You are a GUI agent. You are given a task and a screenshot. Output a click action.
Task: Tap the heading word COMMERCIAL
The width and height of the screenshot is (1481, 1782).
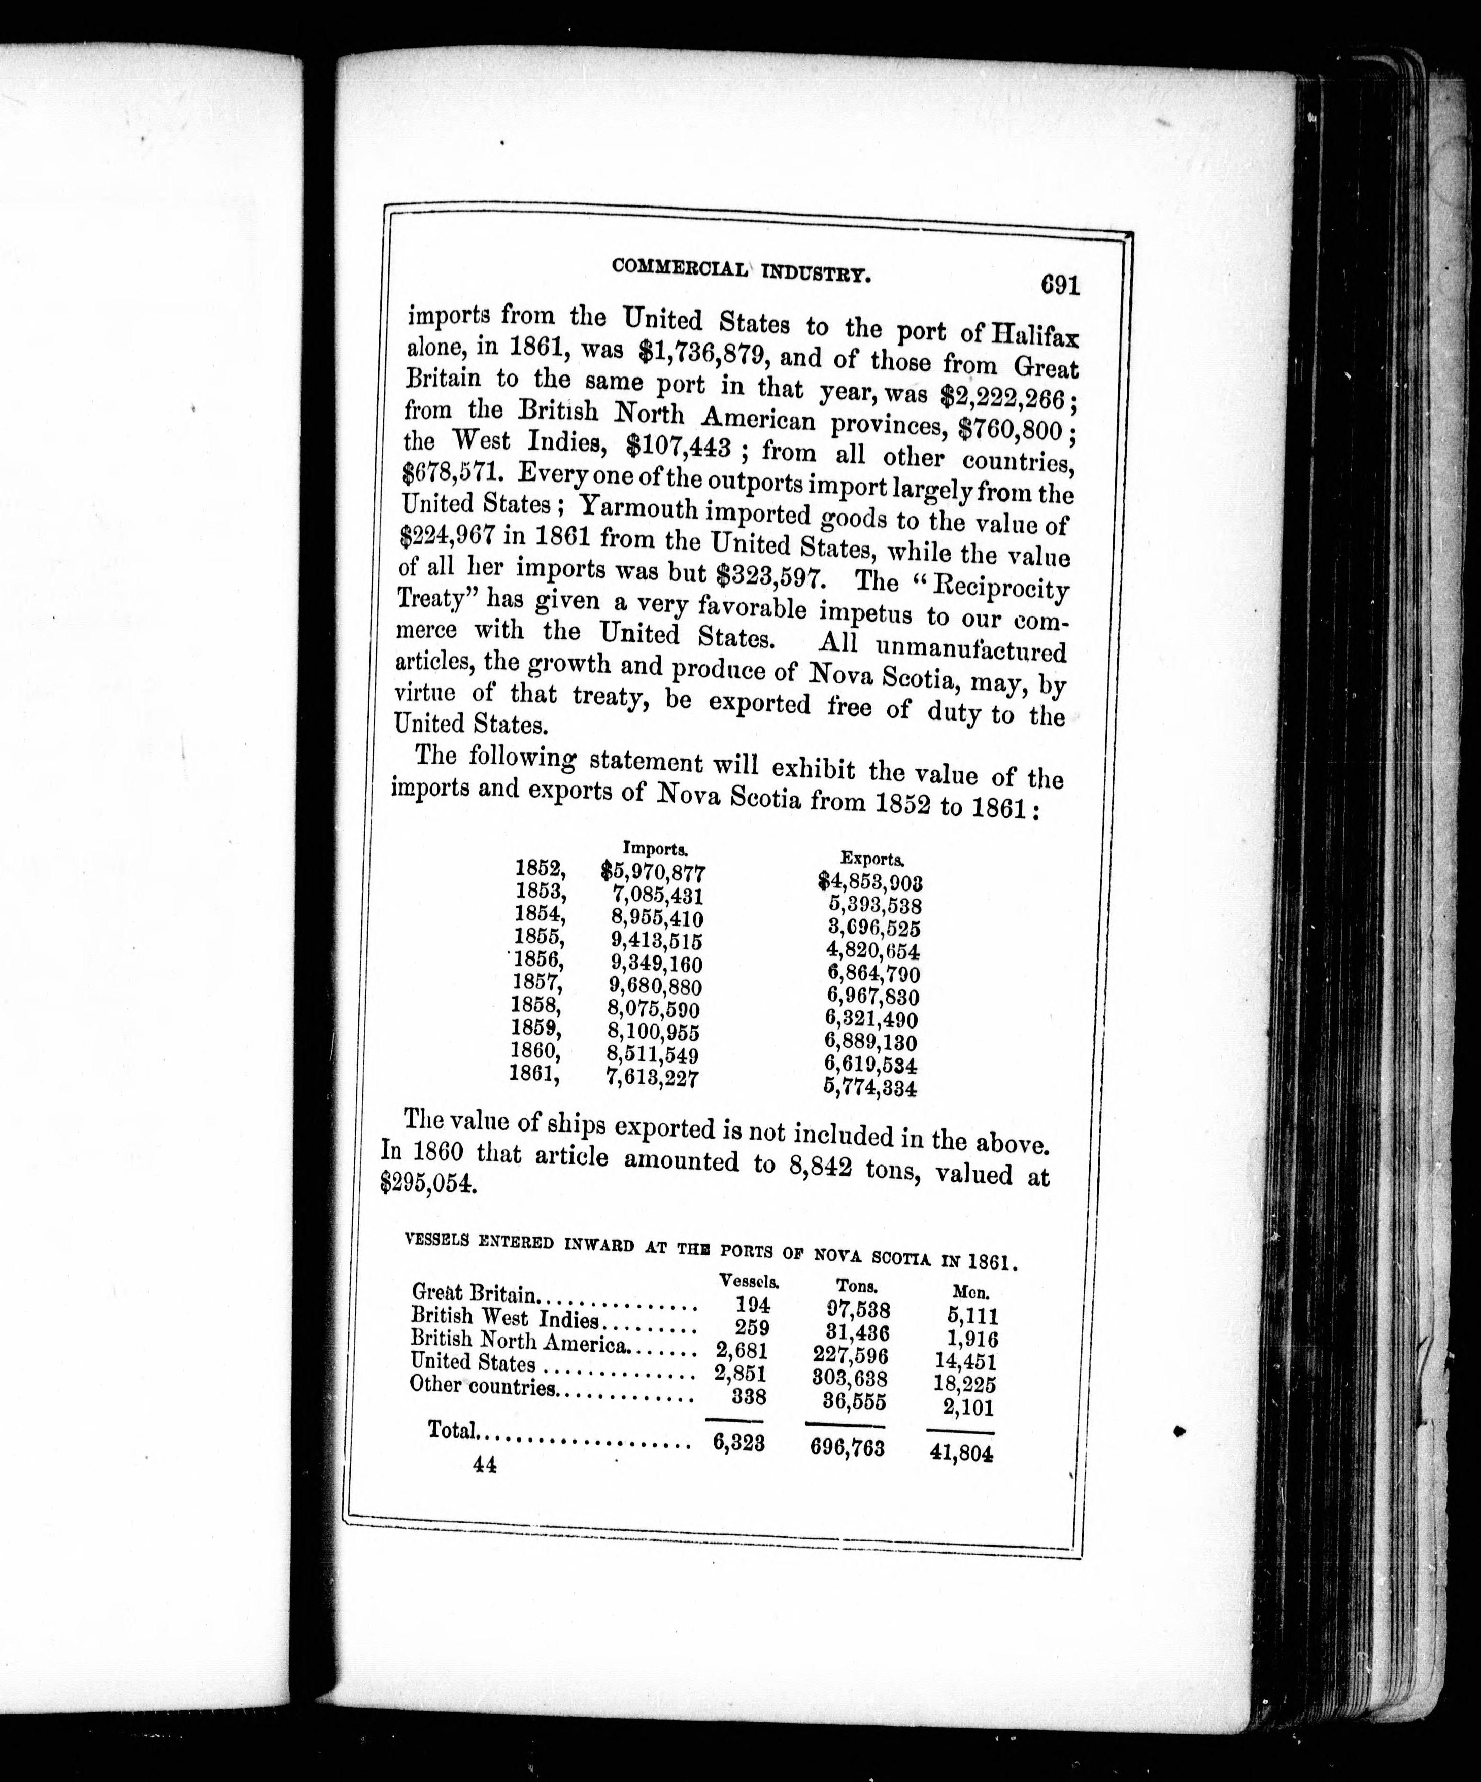click(x=679, y=267)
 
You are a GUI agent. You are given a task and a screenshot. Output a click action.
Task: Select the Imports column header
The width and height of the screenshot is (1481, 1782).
click(x=655, y=847)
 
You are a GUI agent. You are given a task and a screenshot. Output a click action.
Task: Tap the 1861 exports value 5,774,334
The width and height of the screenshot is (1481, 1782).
click(x=870, y=1087)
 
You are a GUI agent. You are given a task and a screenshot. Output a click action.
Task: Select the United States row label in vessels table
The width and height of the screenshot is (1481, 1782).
click(x=473, y=1362)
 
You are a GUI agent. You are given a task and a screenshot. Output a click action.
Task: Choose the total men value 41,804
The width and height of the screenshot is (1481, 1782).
click(x=962, y=1453)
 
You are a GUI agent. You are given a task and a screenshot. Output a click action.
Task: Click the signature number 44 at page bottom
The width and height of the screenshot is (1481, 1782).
click(x=486, y=1465)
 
